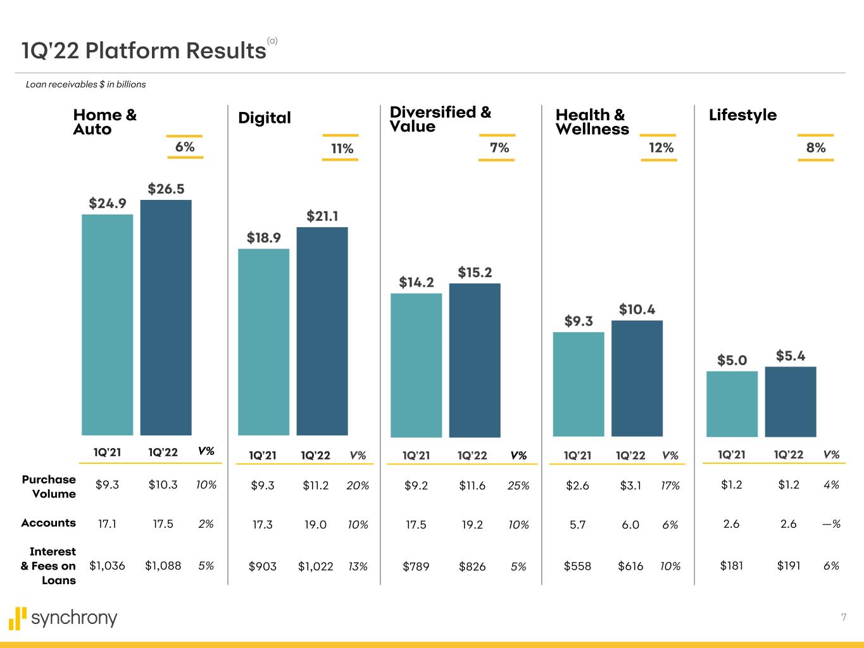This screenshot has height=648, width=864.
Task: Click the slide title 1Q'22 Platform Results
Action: click(x=144, y=50)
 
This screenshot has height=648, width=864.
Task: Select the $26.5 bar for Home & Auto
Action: click(x=166, y=316)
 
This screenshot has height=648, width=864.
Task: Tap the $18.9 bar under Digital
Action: click(x=263, y=342)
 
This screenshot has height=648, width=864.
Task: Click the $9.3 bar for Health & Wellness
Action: click(x=579, y=383)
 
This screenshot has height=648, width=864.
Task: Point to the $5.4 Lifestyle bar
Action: click(x=791, y=401)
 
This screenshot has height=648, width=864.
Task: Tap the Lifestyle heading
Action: click(x=742, y=115)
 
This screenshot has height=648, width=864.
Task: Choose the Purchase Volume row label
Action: click(x=49, y=487)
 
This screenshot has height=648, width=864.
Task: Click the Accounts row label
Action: click(x=49, y=523)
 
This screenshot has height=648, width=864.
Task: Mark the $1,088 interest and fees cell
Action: click(x=163, y=565)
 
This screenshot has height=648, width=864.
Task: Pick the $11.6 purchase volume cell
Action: click(x=472, y=485)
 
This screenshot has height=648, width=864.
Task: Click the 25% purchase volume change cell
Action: click(x=518, y=485)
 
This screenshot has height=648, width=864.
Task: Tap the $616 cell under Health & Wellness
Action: click(x=630, y=566)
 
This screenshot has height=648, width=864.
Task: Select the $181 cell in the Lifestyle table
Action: click(x=732, y=565)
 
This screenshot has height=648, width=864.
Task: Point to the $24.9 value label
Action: click(x=107, y=203)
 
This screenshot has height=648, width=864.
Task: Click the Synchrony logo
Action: click(x=63, y=618)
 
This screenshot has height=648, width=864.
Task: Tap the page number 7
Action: click(x=843, y=617)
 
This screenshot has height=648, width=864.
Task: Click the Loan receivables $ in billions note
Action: click(x=86, y=84)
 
